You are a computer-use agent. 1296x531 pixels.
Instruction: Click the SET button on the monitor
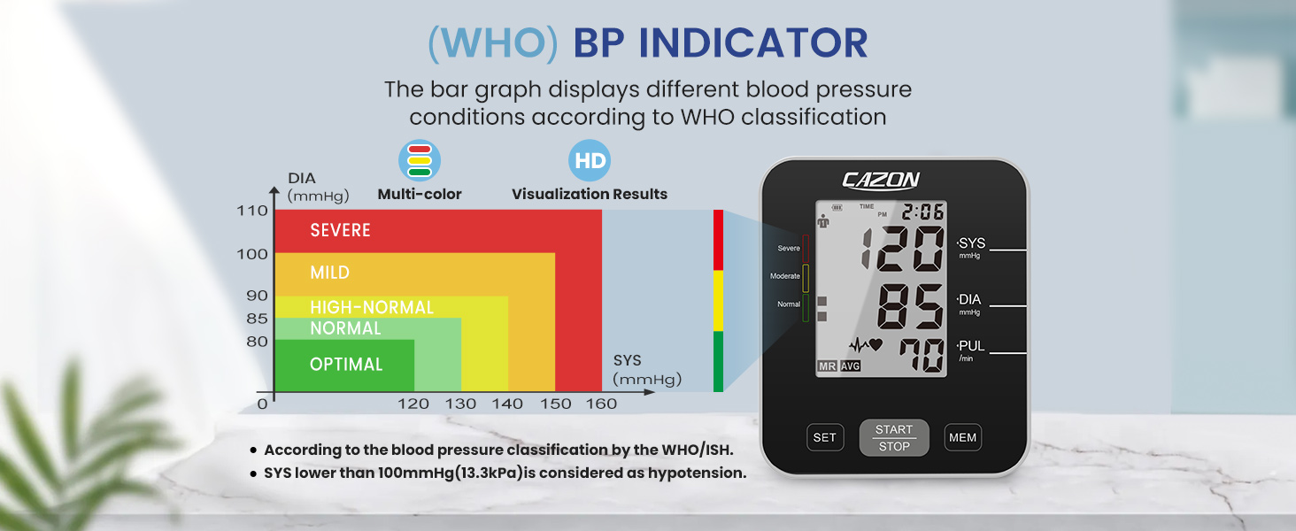[x=824, y=437]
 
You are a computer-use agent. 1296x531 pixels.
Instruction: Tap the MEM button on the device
[x=962, y=437]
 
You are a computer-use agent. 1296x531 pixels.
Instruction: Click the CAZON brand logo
[x=881, y=181]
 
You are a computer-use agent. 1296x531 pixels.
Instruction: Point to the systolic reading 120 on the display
[x=903, y=249]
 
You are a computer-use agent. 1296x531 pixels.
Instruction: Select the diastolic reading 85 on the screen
[x=911, y=306]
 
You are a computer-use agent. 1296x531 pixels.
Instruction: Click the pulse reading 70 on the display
[x=922, y=356]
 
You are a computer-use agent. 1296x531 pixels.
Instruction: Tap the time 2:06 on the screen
[x=923, y=212]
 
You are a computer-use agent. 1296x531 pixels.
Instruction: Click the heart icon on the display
[x=876, y=345]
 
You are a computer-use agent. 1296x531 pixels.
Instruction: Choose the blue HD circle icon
[x=590, y=161]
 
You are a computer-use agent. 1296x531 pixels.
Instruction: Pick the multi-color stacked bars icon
[x=420, y=161]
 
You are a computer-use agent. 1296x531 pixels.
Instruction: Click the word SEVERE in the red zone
[x=340, y=230]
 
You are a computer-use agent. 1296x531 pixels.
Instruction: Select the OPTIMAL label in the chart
[x=346, y=364]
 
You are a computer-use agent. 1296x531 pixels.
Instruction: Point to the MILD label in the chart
[x=329, y=273]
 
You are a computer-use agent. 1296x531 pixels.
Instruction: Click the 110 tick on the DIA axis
[x=252, y=211]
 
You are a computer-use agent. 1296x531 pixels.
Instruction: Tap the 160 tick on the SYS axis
[x=602, y=404]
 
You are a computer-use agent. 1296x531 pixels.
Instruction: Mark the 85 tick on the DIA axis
[x=257, y=319]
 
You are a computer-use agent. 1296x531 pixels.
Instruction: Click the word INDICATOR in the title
[x=721, y=44]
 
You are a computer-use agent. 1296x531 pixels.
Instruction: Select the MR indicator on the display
[x=827, y=366]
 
